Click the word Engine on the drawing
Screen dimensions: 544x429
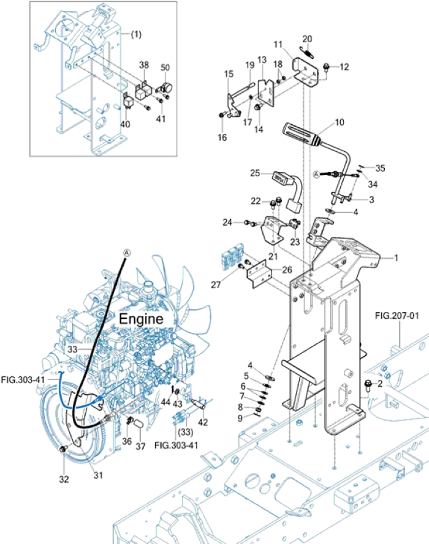click(141, 319)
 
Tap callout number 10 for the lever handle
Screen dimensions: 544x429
click(340, 122)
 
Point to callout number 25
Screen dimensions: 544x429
click(256, 173)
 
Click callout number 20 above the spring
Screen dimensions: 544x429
click(308, 39)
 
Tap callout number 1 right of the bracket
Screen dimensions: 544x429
click(397, 258)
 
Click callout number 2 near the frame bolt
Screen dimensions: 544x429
click(381, 384)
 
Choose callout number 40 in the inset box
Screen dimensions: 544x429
click(125, 124)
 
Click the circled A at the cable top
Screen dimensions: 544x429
click(127, 252)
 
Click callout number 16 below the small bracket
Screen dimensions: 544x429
click(222, 138)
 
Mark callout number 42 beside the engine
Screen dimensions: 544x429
click(203, 422)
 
